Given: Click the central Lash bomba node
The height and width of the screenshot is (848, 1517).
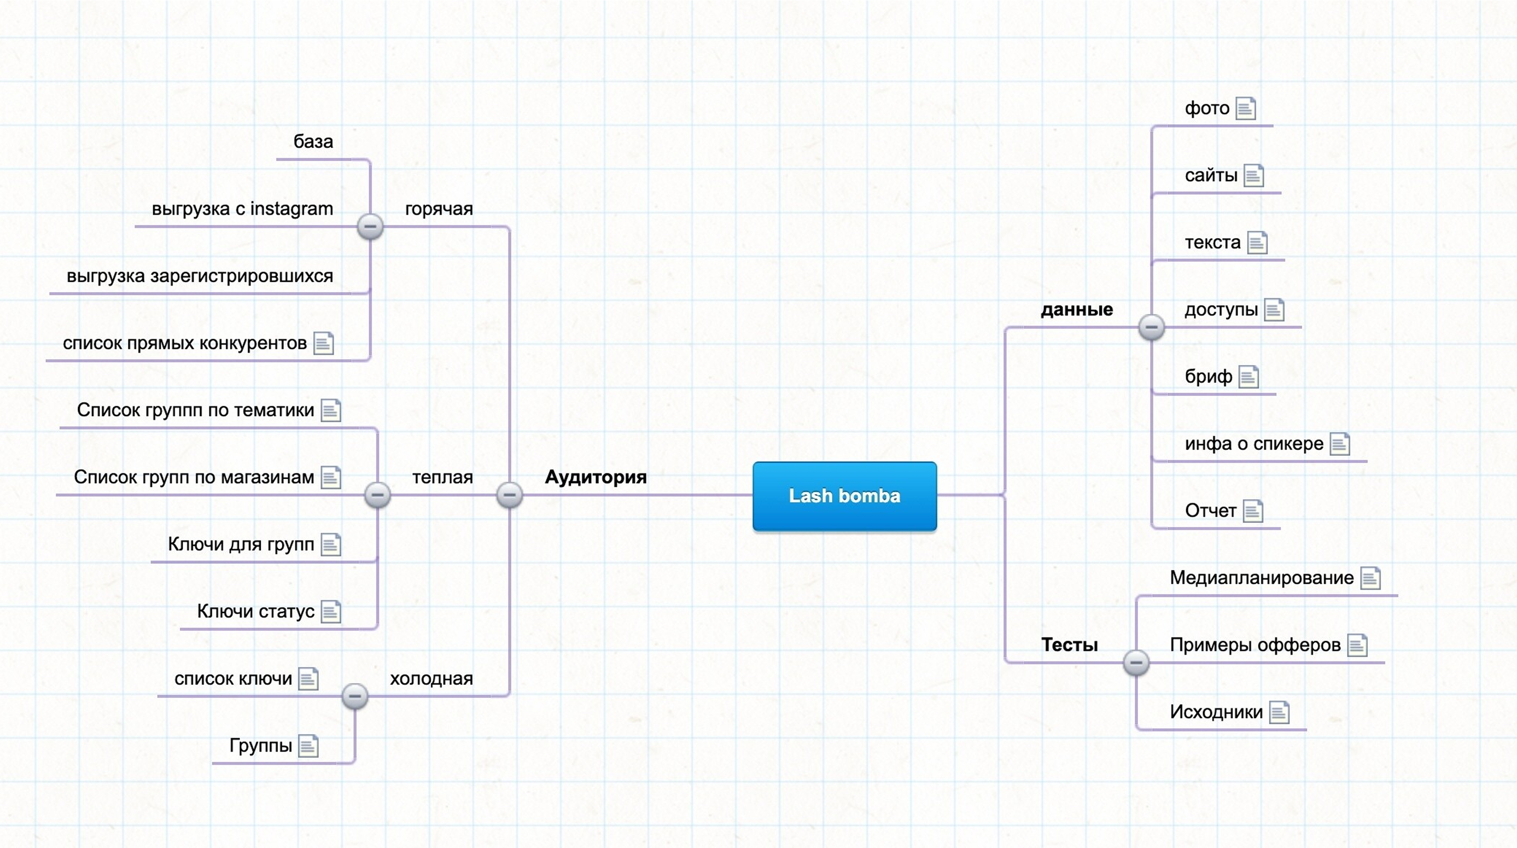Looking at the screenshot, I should click(x=845, y=496).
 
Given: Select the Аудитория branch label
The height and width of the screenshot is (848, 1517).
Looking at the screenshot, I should click(x=595, y=476).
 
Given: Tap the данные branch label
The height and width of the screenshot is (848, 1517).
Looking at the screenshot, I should click(x=1077, y=309).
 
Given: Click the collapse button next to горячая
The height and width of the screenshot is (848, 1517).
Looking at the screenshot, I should click(x=370, y=226).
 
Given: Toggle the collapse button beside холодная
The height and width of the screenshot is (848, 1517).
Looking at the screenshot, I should click(x=355, y=696).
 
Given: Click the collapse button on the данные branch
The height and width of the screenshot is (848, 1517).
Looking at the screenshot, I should click(x=1151, y=327).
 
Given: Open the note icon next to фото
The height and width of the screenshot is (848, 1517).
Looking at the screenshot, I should click(x=1245, y=108).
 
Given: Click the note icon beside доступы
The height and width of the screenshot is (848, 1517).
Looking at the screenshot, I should click(x=1274, y=310).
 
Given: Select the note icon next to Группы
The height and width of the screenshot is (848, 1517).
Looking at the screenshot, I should click(x=308, y=746).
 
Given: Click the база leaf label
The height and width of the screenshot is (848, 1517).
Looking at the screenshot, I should click(x=313, y=142).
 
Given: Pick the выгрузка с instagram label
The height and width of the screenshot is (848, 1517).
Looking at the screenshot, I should click(x=242, y=208).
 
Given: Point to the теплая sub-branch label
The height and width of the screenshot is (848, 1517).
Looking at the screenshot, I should click(x=442, y=477).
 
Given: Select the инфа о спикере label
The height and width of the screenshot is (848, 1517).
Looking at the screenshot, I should click(x=1254, y=443).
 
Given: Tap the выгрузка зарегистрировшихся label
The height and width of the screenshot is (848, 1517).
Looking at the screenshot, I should click(x=200, y=276).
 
